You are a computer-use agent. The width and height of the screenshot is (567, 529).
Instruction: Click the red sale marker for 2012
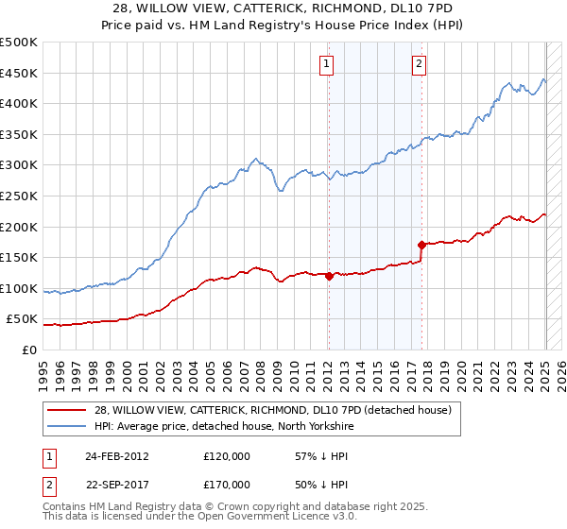click(329, 277)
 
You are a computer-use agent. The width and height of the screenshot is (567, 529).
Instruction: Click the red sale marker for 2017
click(421, 246)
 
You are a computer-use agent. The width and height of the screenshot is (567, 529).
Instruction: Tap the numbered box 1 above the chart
click(326, 64)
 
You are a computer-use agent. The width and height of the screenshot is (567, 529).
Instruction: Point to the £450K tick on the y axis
click(19, 74)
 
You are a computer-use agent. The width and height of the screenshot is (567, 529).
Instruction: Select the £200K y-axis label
click(19, 227)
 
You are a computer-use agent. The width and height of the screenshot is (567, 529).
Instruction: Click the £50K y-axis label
click(23, 319)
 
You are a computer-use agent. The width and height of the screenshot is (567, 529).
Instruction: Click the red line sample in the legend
click(68, 410)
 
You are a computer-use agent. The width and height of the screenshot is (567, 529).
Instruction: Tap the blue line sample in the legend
click(68, 427)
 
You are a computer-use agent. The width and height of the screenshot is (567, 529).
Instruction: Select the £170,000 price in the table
click(227, 485)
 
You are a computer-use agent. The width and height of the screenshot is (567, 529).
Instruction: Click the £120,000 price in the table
click(227, 455)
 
